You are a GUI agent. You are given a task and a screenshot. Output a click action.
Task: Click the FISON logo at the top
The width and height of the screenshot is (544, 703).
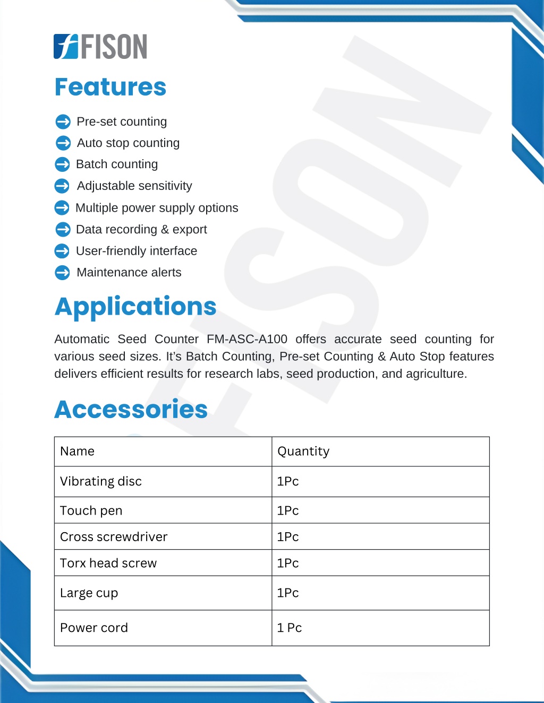click(100, 46)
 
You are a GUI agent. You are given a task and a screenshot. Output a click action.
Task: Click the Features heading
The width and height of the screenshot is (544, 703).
click(110, 87)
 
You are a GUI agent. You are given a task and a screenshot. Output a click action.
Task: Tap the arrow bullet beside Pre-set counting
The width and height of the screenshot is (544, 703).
click(63, 122)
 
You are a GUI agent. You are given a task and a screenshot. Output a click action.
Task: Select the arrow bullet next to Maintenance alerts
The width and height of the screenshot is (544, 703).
click(62, 273)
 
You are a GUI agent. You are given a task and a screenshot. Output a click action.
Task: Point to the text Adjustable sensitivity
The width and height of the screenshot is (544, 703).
click(134, 186)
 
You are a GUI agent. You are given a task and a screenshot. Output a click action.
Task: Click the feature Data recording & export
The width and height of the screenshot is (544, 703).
click(141, 229)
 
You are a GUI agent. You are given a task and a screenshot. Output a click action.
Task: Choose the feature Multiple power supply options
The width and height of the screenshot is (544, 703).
click(157, 207)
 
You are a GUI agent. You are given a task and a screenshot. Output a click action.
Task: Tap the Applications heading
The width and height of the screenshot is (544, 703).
click(135, 306)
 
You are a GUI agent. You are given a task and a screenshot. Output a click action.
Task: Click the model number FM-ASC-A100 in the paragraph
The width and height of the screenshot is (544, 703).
click(247, 339)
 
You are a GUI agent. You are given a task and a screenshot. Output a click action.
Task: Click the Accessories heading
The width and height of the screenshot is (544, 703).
click(131, 409)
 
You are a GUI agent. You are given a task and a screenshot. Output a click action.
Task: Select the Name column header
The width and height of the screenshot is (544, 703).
click(78, 452)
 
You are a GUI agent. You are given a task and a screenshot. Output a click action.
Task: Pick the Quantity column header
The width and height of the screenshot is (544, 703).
click(303, 452)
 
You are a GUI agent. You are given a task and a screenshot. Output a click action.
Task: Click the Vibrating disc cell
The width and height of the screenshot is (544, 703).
click(101, 481)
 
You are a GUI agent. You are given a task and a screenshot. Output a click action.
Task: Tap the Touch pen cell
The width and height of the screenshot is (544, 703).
click(91, 510)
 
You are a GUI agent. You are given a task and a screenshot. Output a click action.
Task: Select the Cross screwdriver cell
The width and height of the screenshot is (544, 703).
click(114, 537)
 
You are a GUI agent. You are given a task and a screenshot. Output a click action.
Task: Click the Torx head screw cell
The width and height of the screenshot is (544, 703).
click(108, 563)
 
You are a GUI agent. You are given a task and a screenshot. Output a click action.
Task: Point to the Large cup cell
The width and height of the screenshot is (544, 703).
click(89, 593)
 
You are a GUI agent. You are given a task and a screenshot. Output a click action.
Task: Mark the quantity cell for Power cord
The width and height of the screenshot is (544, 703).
click(290, 628)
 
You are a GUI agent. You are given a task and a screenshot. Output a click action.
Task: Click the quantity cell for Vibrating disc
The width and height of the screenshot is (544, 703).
click(288, 481)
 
